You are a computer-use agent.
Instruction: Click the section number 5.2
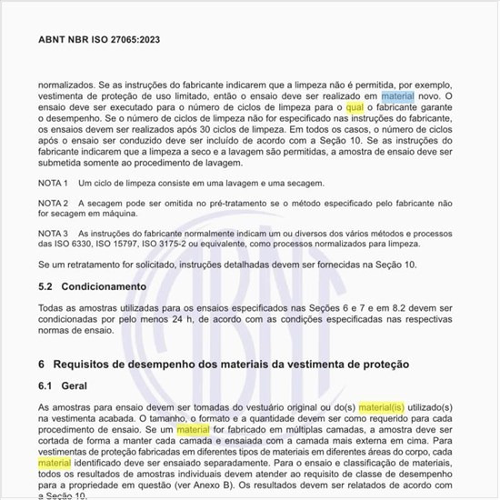46,286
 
